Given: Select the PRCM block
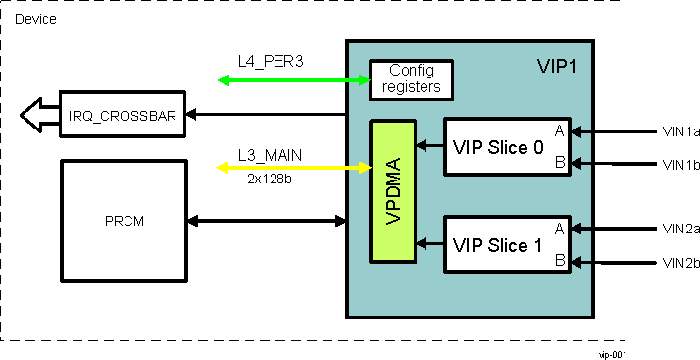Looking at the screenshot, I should click(124, 220).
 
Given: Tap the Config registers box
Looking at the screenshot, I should click(411, 79).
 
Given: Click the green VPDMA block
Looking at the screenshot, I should click(393, 191).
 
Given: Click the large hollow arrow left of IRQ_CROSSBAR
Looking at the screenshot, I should click(36, 115).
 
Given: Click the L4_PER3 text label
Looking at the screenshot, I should click(271, 61).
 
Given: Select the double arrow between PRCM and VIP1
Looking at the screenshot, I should click(266, 220).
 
